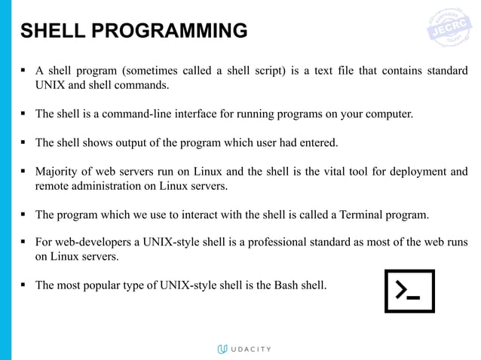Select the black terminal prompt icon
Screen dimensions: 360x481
tap(409, 291)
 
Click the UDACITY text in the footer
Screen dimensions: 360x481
tap(250, 349)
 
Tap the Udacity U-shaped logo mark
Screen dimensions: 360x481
tap(222, 349)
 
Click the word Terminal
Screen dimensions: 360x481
tap(358, 215)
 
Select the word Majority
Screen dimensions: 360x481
tap(59, 171)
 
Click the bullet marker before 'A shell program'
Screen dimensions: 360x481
tap(24, 71)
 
